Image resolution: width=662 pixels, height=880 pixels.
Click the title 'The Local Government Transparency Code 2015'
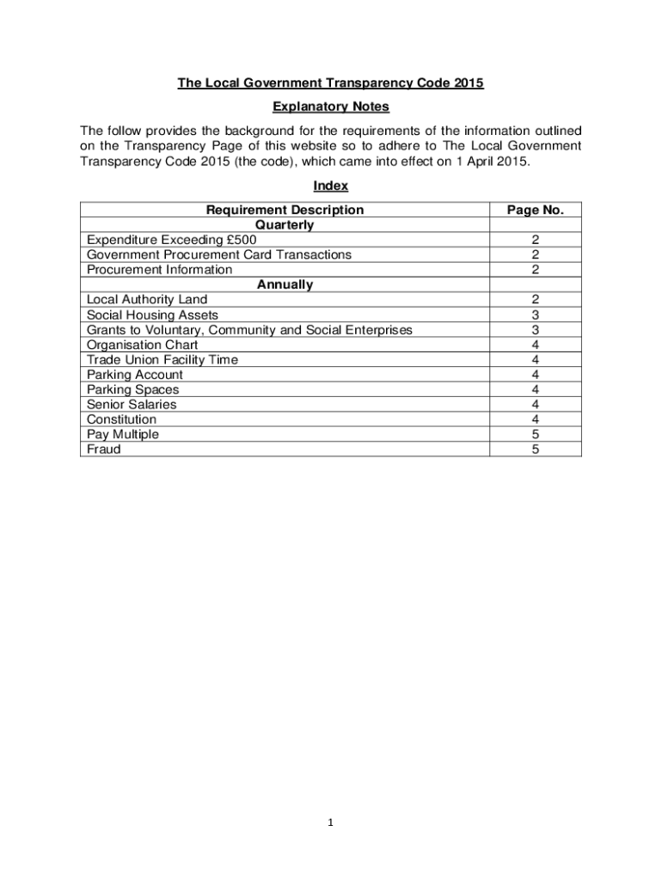[330, 83]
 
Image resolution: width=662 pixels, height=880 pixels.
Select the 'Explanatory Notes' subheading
[330, 107]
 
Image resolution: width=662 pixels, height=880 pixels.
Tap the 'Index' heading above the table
[330, 186]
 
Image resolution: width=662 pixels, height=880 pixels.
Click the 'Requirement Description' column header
[285, 210]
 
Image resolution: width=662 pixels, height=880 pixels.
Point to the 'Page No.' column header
[535, 210]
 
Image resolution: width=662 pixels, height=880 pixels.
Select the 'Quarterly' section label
[285, 225]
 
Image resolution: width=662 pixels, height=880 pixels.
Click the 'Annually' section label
[285, 284]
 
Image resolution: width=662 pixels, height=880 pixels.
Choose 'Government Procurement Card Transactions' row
[219, 254]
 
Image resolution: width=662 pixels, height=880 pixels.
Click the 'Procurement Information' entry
[160, 270]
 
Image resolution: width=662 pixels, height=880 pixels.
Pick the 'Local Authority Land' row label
[147, 300]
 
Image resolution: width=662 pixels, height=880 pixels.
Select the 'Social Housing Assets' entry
[152, 315]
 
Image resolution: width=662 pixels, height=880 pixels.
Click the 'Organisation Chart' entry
[143, 345]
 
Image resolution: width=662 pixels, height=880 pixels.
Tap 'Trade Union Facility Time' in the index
[162, 360]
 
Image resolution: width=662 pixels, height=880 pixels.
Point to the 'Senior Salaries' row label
[132, 404]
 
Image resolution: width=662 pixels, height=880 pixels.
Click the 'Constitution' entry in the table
[122, 419]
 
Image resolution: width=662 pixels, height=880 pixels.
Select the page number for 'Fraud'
[535, 449]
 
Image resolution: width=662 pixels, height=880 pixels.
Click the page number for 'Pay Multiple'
[535, 435]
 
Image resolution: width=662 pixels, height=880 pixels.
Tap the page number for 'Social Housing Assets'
[535, 315]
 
